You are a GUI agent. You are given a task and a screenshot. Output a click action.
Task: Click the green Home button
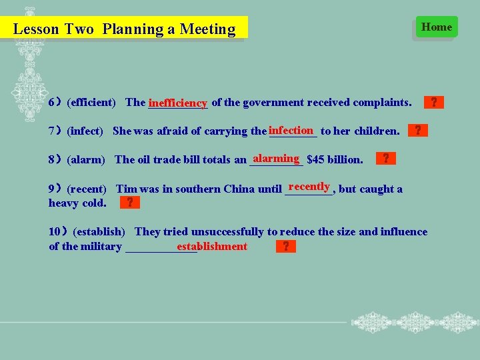pyautogui.click(x=437, y=27)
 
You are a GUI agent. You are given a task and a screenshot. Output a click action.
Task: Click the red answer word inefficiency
pyautogui.click(x=178, y=103)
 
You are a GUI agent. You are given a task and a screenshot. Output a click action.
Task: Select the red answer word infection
pyautogui.click(x=291, y=130)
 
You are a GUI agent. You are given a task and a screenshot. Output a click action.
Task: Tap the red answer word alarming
pyautogui.click(x=276, y=158)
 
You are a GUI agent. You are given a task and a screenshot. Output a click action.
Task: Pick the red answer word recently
pyautogui.click(x=309, y=187)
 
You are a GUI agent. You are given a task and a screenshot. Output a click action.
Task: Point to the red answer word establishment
pyautogui.click(x=212, y=247)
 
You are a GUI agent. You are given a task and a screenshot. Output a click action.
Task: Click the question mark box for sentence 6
pyautogui.click(x=433, y=103)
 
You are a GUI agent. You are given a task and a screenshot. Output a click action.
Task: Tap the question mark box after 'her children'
pyautogui.click(x=417, y=130)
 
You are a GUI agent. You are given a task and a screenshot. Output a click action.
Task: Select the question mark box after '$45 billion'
pyautogui.click(x=385, y=159)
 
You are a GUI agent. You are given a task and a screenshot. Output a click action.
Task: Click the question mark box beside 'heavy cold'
pyautogui.click(x=129, y=203)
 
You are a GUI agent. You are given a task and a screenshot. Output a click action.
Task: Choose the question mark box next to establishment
pyautogui.click(x=285, y=247)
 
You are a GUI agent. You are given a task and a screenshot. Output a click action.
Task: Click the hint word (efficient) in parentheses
pyautogui.click(x=91, y=103)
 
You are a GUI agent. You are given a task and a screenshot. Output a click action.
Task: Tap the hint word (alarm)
pyautogui.click(x=87, y=159)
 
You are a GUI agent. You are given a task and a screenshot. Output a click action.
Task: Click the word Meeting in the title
pyautogui.click(x=207, y=29)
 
